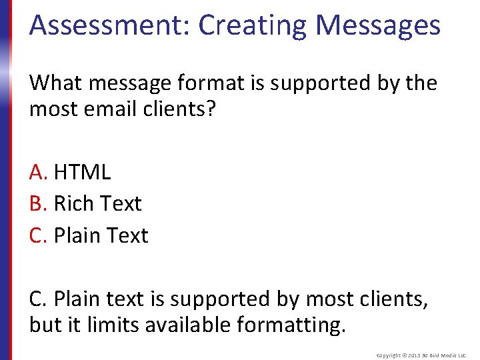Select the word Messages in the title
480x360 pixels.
(x=377, y=25)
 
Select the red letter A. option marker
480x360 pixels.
(x=39, y=172)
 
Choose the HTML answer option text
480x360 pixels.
(x=82, y=172)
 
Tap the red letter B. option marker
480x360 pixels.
(x=39, y=203)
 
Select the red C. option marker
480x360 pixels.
(x=39, y=235)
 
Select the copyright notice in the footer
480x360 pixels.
(x=422, y=355)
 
